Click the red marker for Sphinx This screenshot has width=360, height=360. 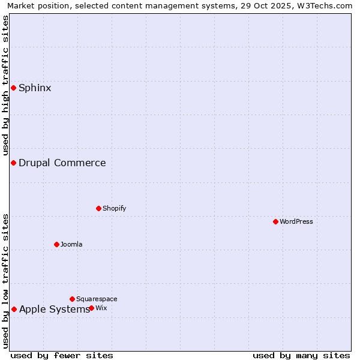coord(13,88)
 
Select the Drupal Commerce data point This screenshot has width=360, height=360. coord(13,163)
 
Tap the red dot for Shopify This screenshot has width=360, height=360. coord(98,208)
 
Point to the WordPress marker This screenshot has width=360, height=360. coord(275,221)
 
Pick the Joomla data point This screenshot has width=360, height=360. coord(56,244)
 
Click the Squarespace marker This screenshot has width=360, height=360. coord(72,299)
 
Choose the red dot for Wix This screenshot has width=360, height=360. coord(91,308)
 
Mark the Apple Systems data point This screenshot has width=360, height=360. coord(14,310)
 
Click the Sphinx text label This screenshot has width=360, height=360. coord(35,88)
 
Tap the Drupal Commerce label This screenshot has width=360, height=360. coord(62,163)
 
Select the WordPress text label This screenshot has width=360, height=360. coord(296,221)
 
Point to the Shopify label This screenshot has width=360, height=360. coord(114,208)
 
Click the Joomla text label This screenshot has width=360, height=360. coord(71,244)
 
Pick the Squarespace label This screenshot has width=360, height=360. coord(97,299)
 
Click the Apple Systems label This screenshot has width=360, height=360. coord(54,310)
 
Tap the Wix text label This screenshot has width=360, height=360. coord(101,308)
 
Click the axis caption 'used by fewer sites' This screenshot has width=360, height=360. coord(62,355)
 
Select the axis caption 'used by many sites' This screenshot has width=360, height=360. coord(301,355)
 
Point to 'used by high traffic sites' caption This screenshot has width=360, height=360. coord(6,86)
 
